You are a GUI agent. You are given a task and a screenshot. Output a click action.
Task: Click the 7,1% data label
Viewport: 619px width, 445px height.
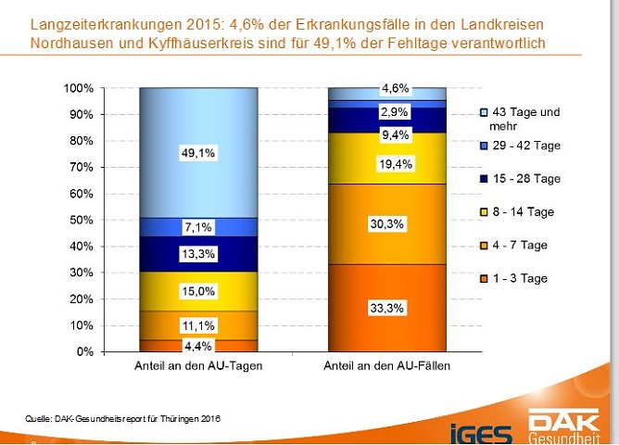coord(198,227)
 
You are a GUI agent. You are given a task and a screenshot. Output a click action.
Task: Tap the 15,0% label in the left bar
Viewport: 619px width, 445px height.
coord(198,291)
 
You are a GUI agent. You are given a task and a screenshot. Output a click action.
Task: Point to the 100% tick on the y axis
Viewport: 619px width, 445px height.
coord(79,88)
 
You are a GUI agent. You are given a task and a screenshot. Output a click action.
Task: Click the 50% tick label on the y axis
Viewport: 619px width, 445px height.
coord(82,221)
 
